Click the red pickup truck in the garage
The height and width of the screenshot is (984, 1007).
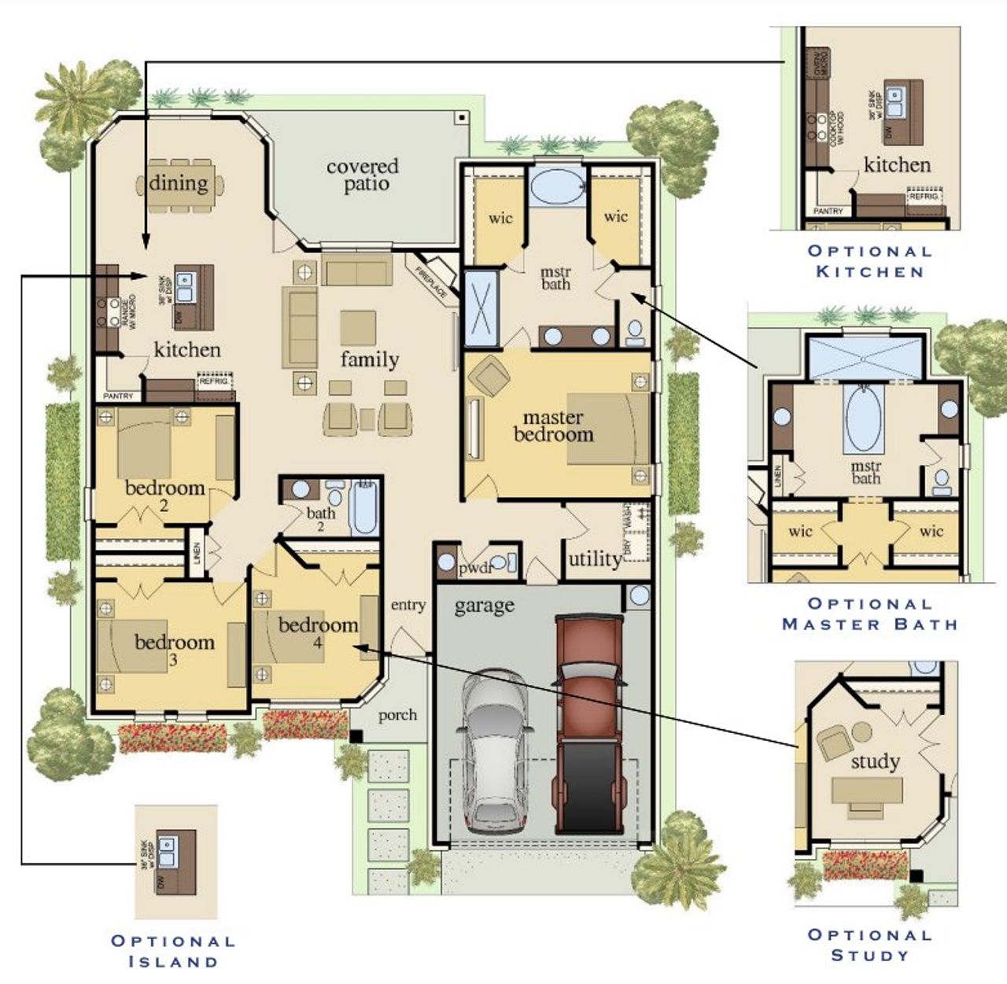pyautogui.click(x=588, y=724)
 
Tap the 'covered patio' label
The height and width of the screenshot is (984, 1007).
pyautogui.click(x=363, y=175)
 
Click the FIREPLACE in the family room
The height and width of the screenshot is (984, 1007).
pyautogui.click(x=433, y=276)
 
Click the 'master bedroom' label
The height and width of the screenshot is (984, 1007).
pyautogui.click(x=553, y=426)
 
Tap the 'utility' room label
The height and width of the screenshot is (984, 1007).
pyautogui.click(x=594, y=559)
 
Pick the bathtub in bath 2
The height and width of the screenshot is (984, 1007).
pyautogui.click(x=364, y=507)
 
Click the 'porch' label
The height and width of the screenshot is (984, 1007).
pyautogui.click(x=397, y=715)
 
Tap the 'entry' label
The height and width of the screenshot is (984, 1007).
pyautogui.click(x=408, y=605)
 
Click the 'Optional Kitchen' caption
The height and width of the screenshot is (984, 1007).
pyautogui.click(x=869, y=261)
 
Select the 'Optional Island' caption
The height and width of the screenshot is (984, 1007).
pyautogui.click(x=173, y=950)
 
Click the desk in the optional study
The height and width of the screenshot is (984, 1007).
pyautogui.click(x=867, y=790)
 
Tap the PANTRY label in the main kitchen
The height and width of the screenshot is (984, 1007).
pyautogui.click(x=118, y=396)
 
